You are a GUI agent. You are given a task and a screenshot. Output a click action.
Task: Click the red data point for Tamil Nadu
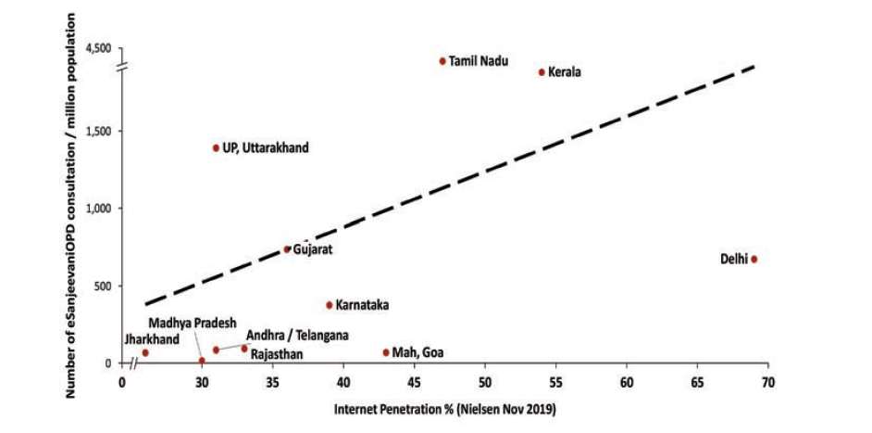click(x=442, y=61)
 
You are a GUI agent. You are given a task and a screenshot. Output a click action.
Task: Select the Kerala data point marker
click(x=542, y=71)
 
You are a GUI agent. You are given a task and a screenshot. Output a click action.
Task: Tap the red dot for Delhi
click(x=754, y=260)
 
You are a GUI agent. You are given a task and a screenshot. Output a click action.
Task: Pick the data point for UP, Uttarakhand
click(x=216, y=147)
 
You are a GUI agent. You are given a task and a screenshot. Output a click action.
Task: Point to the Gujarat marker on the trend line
click(x=287, y=249)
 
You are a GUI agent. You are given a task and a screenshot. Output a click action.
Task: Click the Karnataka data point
click(x=329, y=304)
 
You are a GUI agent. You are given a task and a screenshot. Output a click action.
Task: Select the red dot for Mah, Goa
click(x=386, y=352)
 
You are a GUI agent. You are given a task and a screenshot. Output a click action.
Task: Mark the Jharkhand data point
click(x=144, y=353)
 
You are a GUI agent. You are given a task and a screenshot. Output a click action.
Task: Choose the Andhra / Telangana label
click(x=296, y=336)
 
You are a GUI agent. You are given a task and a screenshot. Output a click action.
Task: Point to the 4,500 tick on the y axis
click(x=97, y=47)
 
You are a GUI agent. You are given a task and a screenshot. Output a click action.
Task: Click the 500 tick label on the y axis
click(x=101, y=286)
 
